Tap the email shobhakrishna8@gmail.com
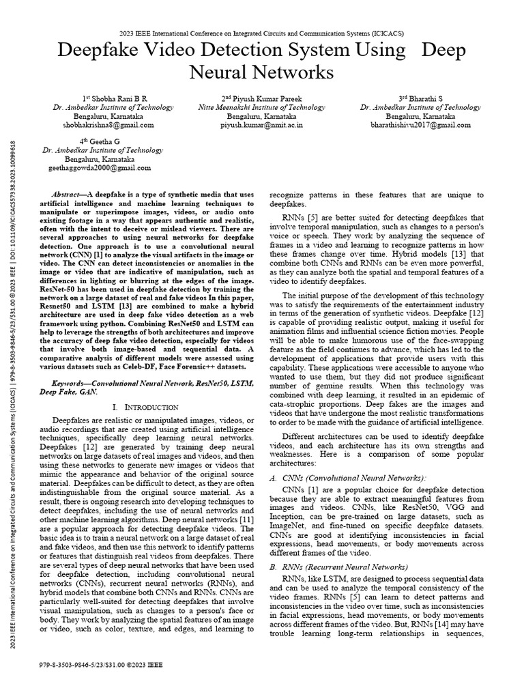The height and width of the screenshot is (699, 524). click(x=110, y=126)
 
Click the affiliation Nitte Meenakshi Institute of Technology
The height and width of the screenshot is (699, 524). click(x=262, y=107)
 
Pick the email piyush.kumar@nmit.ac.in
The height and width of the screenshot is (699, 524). click(x=262, y=126)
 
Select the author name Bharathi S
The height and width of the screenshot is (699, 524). click(x=420, y=98)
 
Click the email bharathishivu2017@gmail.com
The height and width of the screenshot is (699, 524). click(x=420, y=126)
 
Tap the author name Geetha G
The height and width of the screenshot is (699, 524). click(x=100, y=141)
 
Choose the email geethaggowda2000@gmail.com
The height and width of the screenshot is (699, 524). click(x=100, y=168)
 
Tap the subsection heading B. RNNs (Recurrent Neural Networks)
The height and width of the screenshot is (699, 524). click(x=338, y=567)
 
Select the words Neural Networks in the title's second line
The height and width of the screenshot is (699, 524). click(x=261, y=72)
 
